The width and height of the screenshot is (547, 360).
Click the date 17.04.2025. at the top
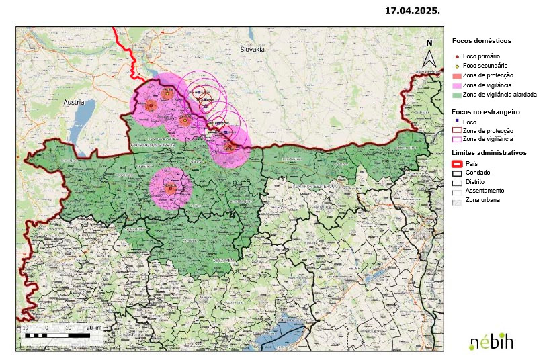point(412,11)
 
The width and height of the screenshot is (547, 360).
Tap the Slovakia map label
point(253,50)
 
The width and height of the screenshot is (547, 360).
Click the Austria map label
point(73,102)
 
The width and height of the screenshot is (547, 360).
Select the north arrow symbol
point(429,54)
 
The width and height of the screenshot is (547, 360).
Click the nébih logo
point(491,341)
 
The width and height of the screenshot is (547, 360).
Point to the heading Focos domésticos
point(482,40)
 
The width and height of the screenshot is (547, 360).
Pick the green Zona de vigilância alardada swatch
point(457,95)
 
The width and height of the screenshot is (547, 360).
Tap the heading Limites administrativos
point(489,153)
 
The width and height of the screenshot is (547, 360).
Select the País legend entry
point(471,163)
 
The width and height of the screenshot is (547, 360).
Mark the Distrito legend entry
point(475,182)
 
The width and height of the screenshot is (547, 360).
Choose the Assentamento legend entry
point(483,191)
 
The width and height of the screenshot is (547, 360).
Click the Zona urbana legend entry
point(480,200)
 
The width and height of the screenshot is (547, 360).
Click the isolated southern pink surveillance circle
point(170,189)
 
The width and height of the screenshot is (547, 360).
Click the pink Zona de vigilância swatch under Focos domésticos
point(457,85)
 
